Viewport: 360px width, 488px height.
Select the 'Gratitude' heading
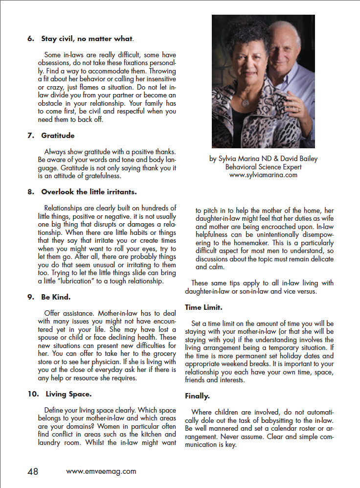58,135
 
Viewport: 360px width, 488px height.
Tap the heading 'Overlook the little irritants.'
89,192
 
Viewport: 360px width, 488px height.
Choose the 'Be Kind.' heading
57,297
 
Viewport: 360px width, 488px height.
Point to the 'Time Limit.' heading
203,307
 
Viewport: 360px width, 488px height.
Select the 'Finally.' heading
197,395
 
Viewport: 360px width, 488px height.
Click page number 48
33,472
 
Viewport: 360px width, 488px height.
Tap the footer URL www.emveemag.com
101,472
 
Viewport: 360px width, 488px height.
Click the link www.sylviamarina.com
263,175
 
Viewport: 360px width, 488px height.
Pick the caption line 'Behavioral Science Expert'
263,167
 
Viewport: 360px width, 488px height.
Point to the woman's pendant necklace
245,103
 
